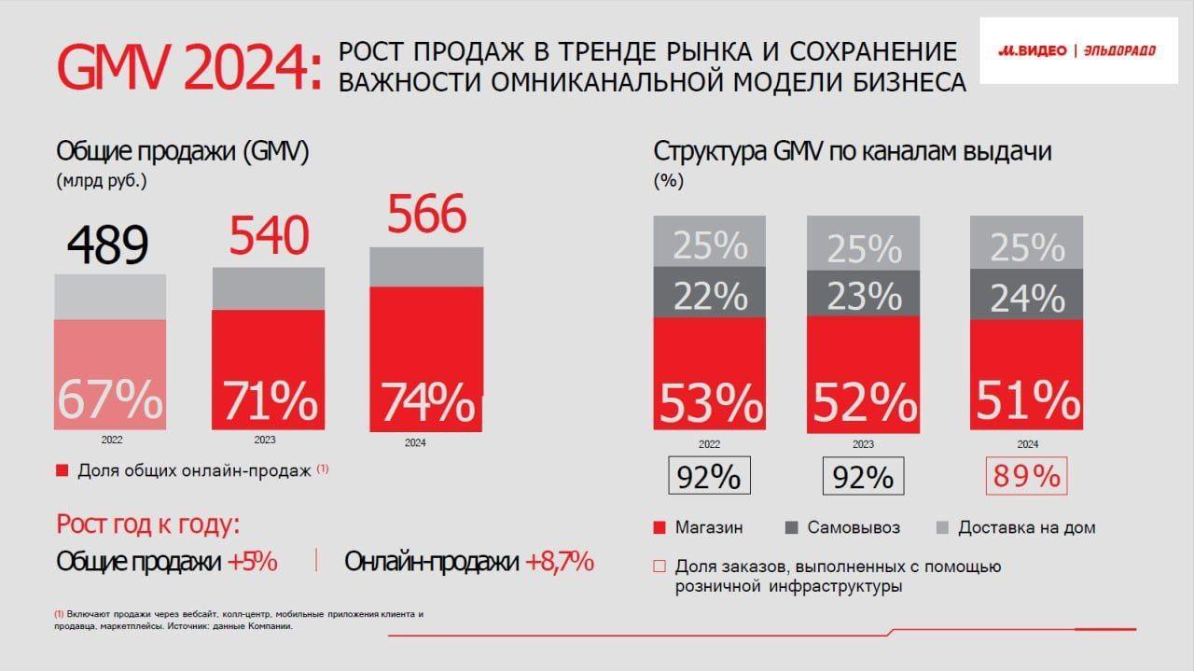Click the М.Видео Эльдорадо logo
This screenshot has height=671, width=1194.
[1077, 50]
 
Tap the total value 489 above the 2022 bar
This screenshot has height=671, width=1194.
[107, 246]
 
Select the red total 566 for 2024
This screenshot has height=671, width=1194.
[426, 216]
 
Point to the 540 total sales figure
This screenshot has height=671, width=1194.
[269, 236]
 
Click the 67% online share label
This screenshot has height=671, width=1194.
[110, 399]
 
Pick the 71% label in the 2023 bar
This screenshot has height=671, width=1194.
[269, 401]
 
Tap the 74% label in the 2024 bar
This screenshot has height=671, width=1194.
[427, 402]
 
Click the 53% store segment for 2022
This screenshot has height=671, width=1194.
[710, 402]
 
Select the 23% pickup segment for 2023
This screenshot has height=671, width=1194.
[863, 296]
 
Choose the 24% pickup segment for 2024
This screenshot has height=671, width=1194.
[1026, 299]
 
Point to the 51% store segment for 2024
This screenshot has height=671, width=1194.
[1026, 400]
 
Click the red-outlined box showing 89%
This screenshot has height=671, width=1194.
[1026, 476]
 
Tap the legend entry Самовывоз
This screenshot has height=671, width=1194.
[854, 527]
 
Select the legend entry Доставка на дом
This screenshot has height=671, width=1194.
[1026, 527]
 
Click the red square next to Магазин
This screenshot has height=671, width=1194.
[659, 528]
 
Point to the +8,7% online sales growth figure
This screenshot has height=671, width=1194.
[560, 562]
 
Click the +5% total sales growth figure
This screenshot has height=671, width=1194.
[252, 562]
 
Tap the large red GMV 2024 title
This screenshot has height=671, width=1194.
[187, 67]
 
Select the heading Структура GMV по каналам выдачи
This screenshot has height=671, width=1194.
[852, 151]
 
